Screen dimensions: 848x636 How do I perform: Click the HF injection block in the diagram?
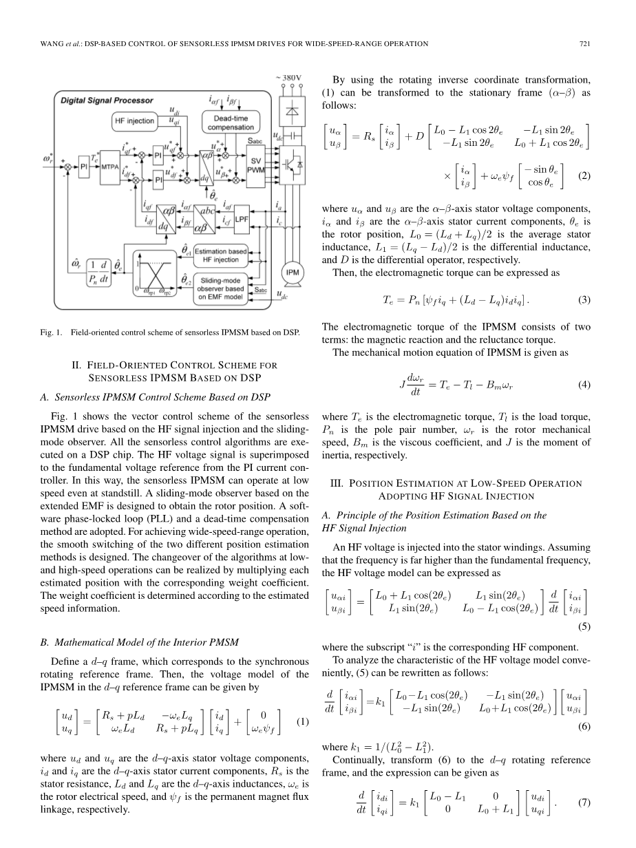pyautogui.click(x=134, y=121)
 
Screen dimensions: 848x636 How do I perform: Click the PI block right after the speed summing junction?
pyautogui.click(x=85, y=165)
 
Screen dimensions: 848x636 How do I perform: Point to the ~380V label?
pyautogui.click(x=288, y=76)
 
